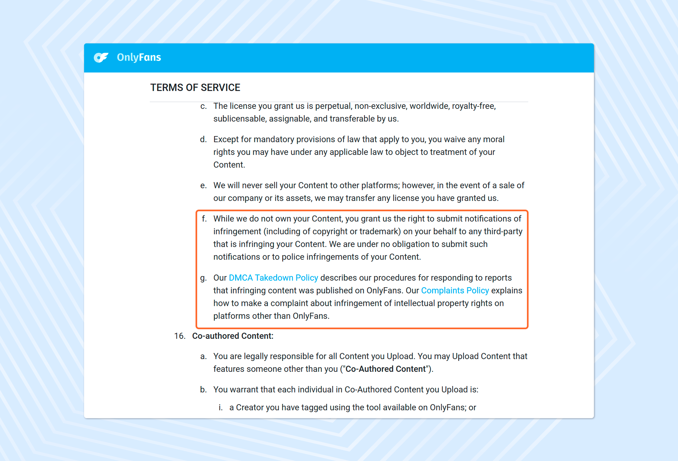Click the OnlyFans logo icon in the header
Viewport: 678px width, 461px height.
tap(101, 57)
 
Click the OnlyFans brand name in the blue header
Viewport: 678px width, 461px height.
tap(139, 57)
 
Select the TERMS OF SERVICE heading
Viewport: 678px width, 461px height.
tap(195, 88)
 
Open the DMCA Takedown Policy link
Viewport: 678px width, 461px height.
tap(273, 278)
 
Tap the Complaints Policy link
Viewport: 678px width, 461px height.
tap(455, 291)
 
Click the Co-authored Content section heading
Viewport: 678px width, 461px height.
tap(232, 336)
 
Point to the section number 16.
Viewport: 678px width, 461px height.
tap(180, 336)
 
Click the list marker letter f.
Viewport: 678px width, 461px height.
tap(204, 219)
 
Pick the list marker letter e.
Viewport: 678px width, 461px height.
tap(203, 185)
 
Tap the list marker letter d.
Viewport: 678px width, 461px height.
tap(203, 139)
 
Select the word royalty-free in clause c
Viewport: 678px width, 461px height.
tap(474, 106)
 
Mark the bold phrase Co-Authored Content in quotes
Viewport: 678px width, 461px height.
tap(385, 369)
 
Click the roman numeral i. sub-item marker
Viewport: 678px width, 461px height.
tap(220, 408)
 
